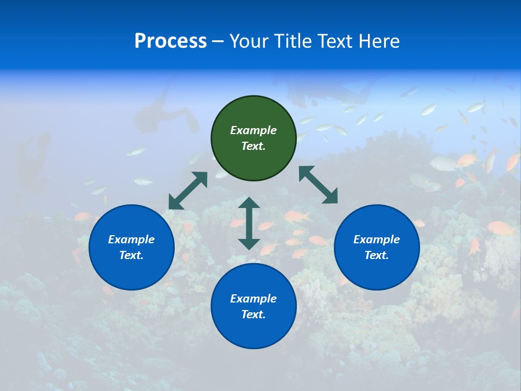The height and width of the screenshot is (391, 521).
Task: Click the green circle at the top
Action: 253,138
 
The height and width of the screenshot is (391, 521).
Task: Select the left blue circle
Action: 131,247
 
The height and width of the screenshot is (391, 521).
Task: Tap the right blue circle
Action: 377,247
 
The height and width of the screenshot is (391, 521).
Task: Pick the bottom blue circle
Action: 253,306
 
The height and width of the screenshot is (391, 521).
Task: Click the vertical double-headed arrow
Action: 249,223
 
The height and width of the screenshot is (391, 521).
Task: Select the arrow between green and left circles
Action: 188,191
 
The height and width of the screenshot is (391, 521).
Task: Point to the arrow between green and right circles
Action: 319,185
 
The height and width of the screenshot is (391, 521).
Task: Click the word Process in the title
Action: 170,41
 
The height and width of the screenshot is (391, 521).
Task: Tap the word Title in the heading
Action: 293,41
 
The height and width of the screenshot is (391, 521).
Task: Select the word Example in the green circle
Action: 253,130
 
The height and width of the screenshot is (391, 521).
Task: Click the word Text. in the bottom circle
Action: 253,314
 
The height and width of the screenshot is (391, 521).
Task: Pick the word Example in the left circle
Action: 131,239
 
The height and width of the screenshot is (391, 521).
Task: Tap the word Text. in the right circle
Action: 377,255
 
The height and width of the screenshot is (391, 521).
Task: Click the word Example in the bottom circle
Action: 253,299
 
